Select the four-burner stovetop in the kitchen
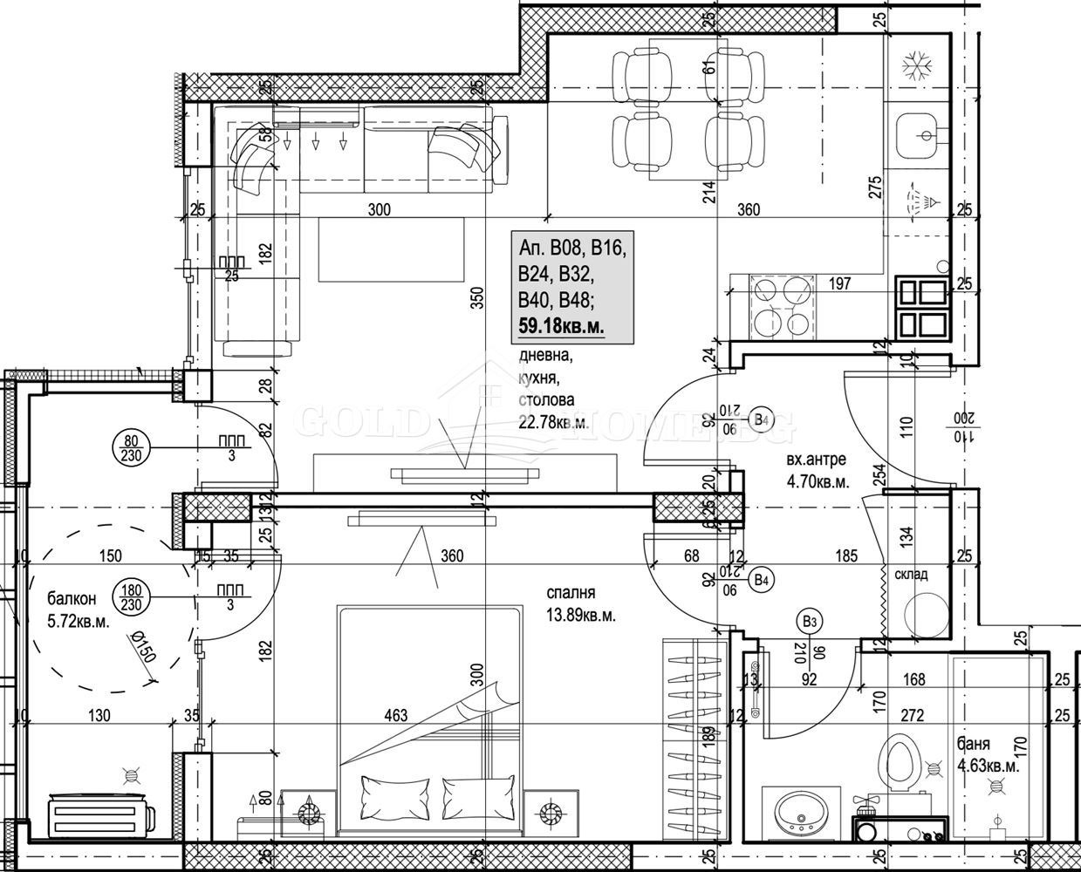coord(783,306)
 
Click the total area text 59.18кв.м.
coord(561,325)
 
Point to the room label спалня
coord(571,593)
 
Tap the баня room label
coord(974,745)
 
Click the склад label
coord(910,575)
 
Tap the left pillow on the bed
coord(394,796)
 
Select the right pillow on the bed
coord(479,796)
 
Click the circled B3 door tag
coord(808,622)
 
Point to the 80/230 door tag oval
coord(131,446)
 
